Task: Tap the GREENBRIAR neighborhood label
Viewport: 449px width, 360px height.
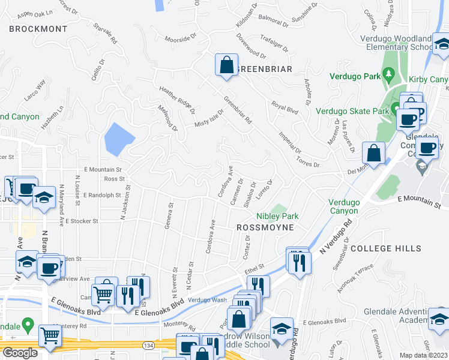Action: coord(264,69)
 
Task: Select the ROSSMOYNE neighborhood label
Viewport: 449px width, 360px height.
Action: coord(265,227)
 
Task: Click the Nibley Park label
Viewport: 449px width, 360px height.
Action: coord(277,216)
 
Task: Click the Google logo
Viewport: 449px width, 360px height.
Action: coord(19,353)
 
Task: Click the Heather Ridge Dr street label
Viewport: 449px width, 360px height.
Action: coord(177,100)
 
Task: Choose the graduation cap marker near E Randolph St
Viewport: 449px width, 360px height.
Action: coord(44,198)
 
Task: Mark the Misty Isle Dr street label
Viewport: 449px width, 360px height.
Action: coord(208,118)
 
